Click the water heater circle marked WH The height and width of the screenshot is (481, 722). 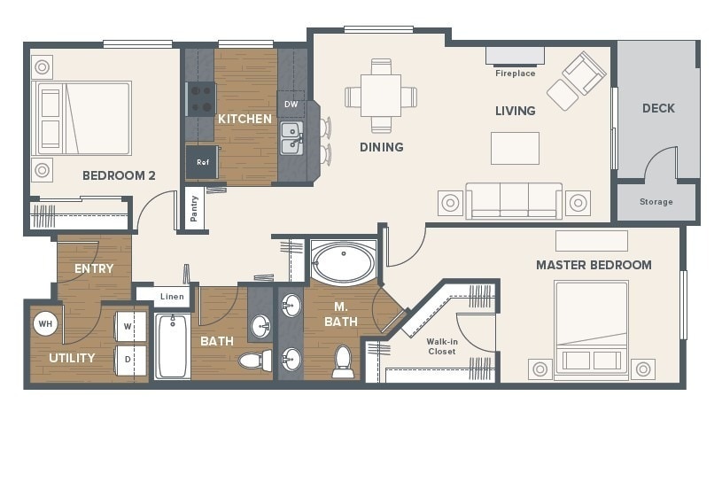tap(45, 323)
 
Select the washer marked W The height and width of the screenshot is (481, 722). tap(130, 326)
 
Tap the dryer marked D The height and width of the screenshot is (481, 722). tap(130, 360)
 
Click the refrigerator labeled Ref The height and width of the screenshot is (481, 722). tap(202, 162)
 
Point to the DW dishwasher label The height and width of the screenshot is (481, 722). tap(291, 105)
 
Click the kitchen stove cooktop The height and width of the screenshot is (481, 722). tap(201, 99)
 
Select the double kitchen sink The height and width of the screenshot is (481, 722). tap(292, 138)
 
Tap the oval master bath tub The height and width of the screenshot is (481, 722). tap(344, 262)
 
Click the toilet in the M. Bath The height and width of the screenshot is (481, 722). tap(343, 361)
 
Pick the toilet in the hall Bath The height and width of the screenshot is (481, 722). tap(255, 360)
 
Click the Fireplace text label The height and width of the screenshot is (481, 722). tap(516, 74)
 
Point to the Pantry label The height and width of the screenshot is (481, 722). tap(194, 208)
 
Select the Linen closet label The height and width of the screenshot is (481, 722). tap(172, 297)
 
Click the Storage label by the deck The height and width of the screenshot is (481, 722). tap(656, 202)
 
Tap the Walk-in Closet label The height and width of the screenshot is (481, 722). tap(442, 346)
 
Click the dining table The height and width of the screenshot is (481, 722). tap(381, 96)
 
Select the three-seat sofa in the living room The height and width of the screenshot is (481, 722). tap(514, 201)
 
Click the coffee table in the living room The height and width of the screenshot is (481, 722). tap(515, 148)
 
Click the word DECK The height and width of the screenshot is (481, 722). tap(658, 108)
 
